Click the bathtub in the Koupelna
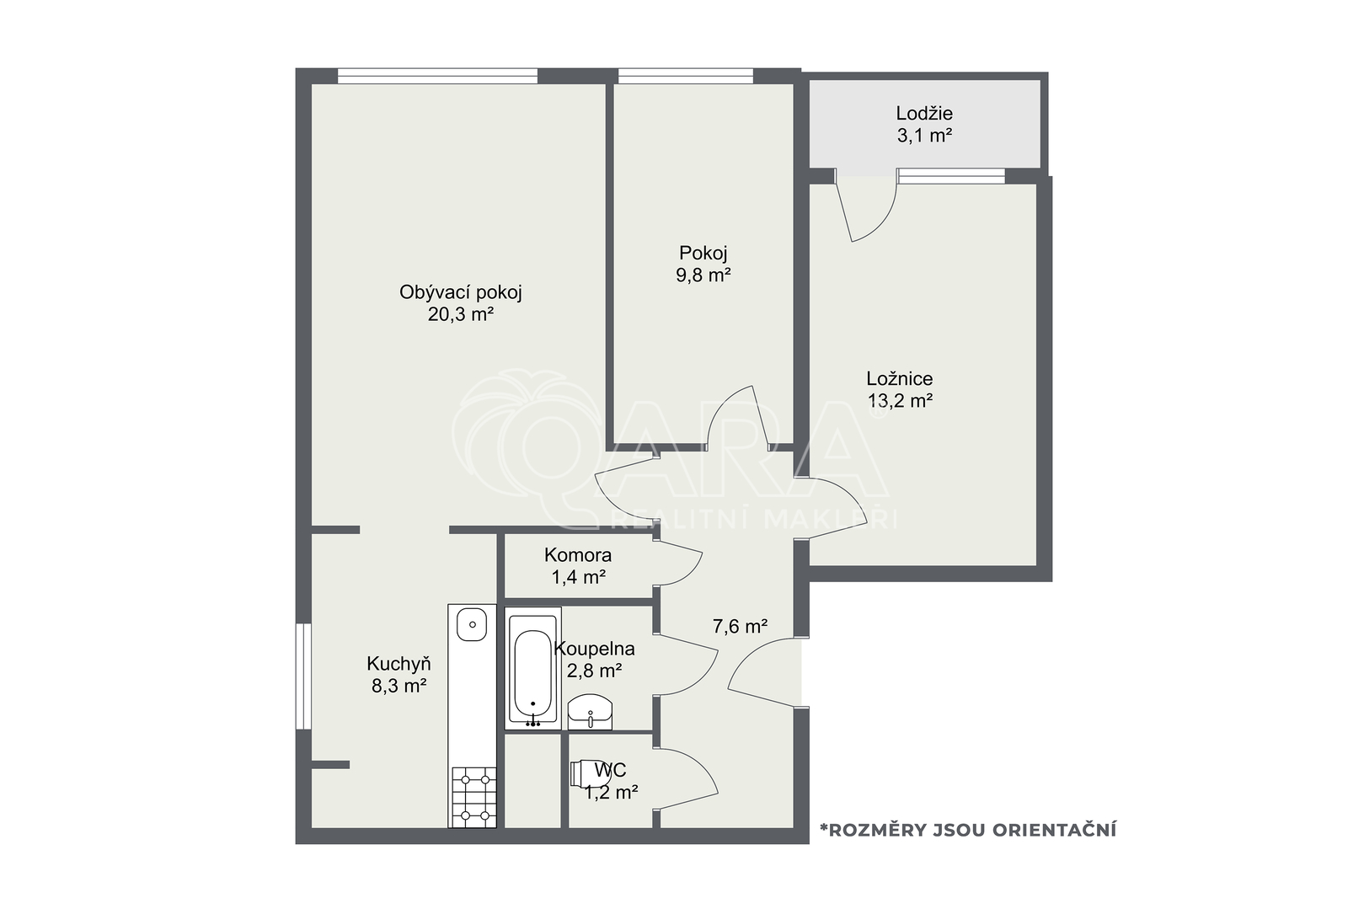coord(532,668)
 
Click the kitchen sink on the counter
coord(471,624)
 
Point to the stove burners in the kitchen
coord(473,797)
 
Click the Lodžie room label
coord(924,113)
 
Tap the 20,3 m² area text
coord(461,314)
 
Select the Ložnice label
coord(900,378)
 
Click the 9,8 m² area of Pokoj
coord(703,275)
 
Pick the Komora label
coord(578,554)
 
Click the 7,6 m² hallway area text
coord(741,627)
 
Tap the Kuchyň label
coord(399,664)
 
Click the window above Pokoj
coord(686,76)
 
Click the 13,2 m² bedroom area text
coord(900,401)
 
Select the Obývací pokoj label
coord(460,292)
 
